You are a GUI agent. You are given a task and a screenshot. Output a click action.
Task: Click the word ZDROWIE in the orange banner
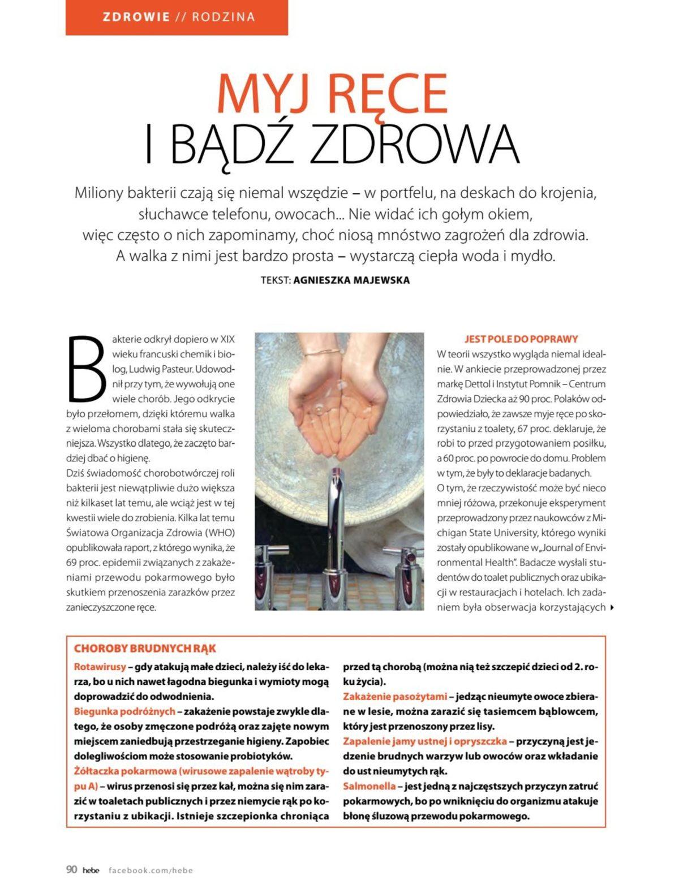click(136, 17)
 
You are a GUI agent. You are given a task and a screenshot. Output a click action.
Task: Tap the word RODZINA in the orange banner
click(223, 17)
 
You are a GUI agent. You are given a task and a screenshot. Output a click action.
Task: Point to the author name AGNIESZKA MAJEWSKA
click(351, 280)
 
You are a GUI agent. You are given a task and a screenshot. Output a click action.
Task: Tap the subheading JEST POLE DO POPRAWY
click(521, 339)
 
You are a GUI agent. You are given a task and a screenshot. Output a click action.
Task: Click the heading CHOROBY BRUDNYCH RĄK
click(145, 649)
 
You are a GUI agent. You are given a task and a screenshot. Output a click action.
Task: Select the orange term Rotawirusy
click(100, 667)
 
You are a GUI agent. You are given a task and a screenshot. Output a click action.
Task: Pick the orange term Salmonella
click(369, 786)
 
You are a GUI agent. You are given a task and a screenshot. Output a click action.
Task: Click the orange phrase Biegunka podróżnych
click(124, 711)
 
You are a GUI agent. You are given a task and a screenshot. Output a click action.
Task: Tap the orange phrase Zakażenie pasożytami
click(394, 697)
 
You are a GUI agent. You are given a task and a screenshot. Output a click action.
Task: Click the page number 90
click(72, 870)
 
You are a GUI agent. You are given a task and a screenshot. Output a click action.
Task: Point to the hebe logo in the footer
click(91, 871)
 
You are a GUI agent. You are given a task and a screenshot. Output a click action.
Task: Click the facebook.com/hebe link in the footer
click(151, 871)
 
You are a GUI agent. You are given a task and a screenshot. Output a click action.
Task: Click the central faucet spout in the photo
click(336, 509)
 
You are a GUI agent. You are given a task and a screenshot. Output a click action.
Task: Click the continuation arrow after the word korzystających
click(612, 608)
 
